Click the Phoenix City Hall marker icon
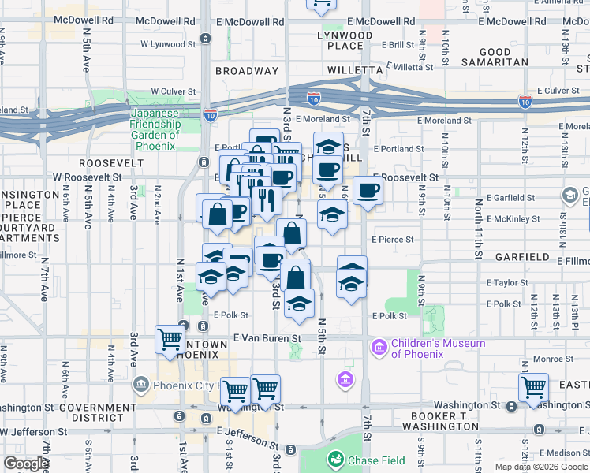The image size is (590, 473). [x=141, y=385]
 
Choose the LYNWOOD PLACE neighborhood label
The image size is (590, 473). [x=345, y=41]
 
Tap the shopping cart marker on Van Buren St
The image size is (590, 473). [x=170, y=340]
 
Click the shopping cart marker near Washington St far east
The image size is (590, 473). [x=534, y=388]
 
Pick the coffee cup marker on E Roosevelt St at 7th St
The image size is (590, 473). [x=368, y=191]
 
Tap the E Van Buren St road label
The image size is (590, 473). [x=268, y=337]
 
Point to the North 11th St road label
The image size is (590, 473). [x=478, y=228]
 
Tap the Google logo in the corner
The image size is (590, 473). [x=25, y=464]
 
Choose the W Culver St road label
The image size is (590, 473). [x=174, y=91]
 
